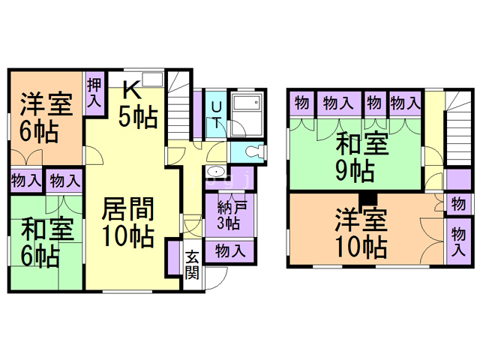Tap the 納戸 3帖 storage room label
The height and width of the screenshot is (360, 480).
[228, 214]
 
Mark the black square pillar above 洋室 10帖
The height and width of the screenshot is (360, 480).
[367, 199]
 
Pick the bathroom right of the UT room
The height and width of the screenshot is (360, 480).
[247, 115]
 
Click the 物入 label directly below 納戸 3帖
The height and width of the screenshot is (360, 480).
[228, 250]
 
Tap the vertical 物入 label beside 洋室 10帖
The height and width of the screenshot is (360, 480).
[457, 242]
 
